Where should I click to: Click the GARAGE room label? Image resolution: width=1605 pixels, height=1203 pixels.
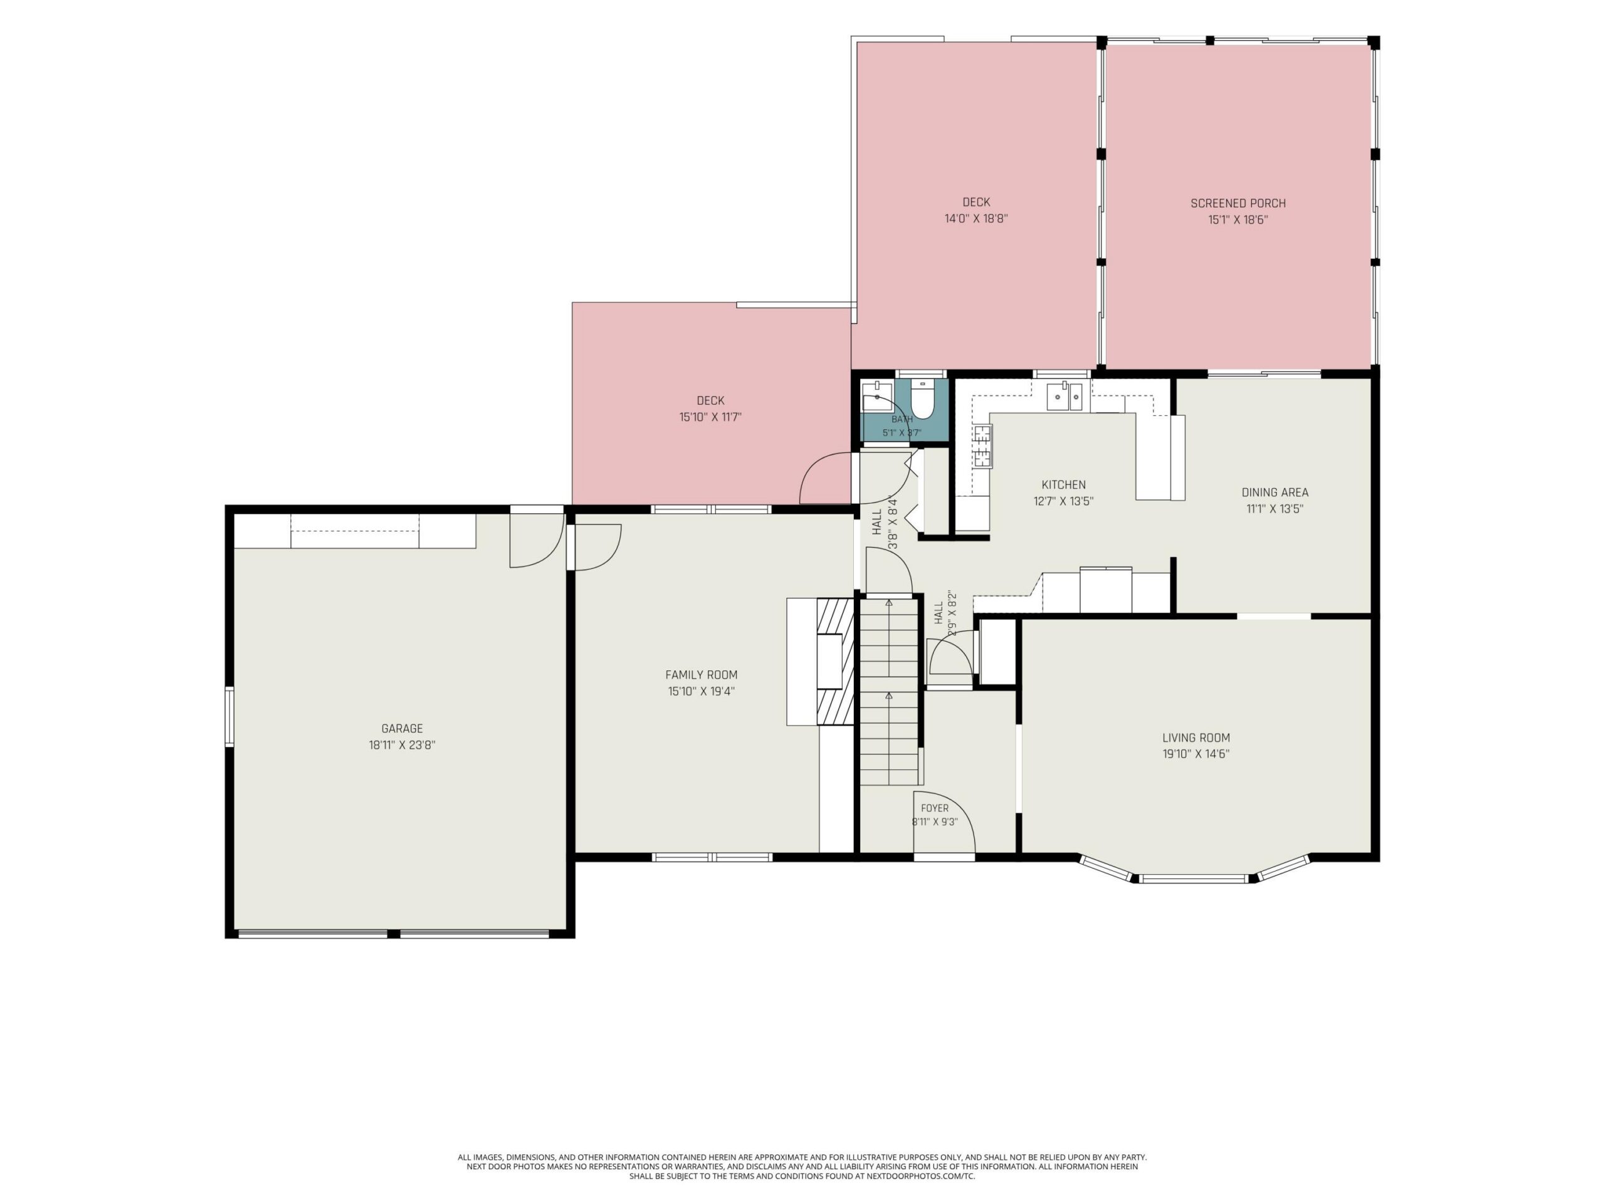pyautogui.click(x=402, y=729)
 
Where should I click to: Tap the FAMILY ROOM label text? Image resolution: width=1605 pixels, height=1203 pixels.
pyautogui.click(x=701, y=675)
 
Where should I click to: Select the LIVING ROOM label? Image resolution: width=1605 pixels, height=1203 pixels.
pyautogui.click(x=1196, y=737)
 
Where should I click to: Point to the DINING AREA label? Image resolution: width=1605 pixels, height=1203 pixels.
pyautogui.click(x=1275, y=492)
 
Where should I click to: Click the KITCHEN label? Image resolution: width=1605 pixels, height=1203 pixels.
pyautogui.click(x=1064, y=484)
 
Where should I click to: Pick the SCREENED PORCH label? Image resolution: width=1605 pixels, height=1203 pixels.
pyautogui.click(x=1238, y=204)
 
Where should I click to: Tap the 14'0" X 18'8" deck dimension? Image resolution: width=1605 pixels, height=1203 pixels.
pyautogui.click(x=976, y=218)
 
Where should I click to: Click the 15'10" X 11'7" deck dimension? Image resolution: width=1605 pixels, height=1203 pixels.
pyautogui.click(x=710, y=417)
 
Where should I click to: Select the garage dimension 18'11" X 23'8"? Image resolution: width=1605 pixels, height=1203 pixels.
pyautogui.click(x=402, y=745)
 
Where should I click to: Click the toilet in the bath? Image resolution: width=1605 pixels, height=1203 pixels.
pyautogui.click(x=922, y=402)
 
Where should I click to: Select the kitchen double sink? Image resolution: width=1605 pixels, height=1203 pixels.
pyautogui.click(x=1065, y=397)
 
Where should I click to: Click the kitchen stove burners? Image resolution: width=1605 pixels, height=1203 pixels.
pyautogui.click(x=982, y=446)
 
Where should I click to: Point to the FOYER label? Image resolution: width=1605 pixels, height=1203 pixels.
pyautogui.click(x=935, y=808)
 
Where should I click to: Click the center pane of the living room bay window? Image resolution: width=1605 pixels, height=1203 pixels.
pyautogui.click(x=1193, y=879)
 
